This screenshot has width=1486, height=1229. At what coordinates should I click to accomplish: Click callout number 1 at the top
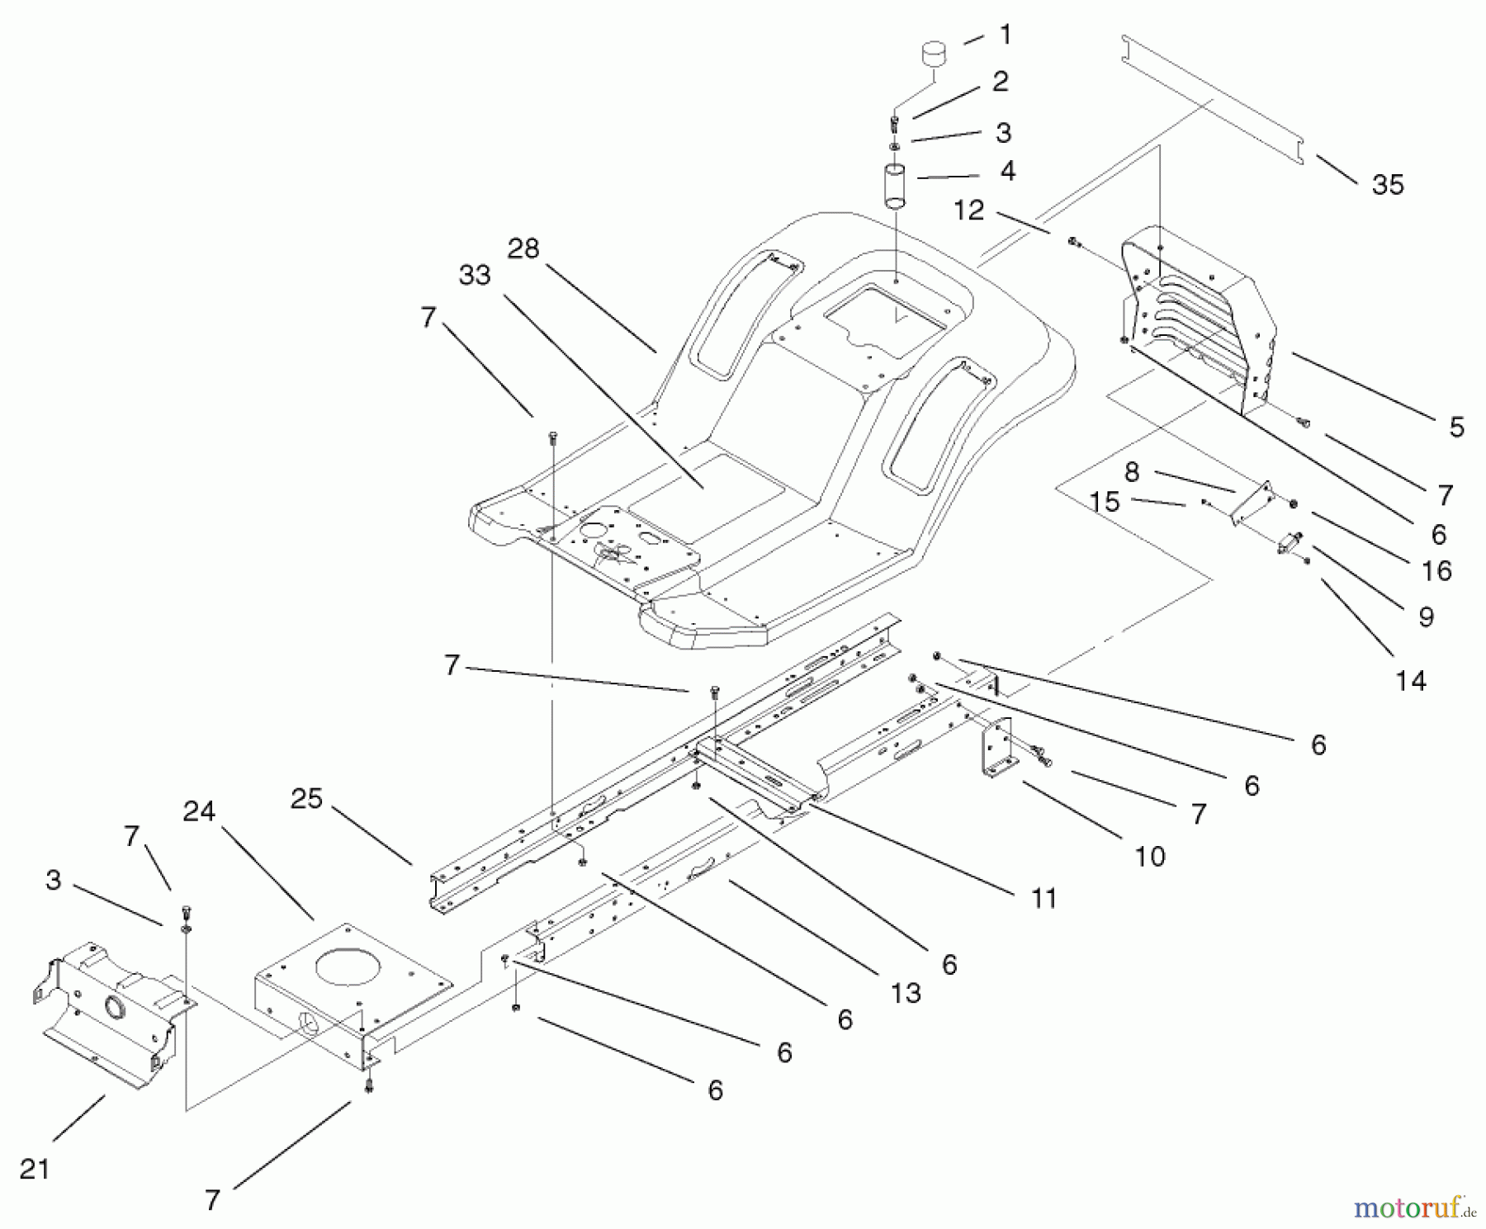(1005, 35)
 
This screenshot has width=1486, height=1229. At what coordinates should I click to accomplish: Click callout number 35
(1387, 185)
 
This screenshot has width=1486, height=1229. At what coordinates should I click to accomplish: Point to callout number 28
(523, 248)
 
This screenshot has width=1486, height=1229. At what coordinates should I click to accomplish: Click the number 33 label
(475, 275)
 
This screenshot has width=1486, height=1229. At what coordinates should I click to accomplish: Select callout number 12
(969, 210)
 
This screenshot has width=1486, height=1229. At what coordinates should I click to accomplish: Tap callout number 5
(1455, 427)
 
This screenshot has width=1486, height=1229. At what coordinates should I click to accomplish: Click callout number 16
(1437, 570)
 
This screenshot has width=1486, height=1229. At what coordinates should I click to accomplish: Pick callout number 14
(1411, 681)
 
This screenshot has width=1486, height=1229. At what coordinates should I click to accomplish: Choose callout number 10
(1149, 857)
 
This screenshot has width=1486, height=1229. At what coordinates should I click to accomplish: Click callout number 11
(1044, 897)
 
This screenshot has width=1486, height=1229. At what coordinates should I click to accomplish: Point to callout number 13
(906, 993)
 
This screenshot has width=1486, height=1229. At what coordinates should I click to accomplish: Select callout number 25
(306, 799)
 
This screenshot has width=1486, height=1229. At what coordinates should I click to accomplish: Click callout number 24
(199, 811)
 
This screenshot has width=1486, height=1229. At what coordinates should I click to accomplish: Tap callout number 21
(35, 1169)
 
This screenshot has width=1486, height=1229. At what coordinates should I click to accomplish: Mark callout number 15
(1104, 501)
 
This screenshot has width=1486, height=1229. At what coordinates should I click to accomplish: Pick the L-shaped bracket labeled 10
(996, 747)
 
